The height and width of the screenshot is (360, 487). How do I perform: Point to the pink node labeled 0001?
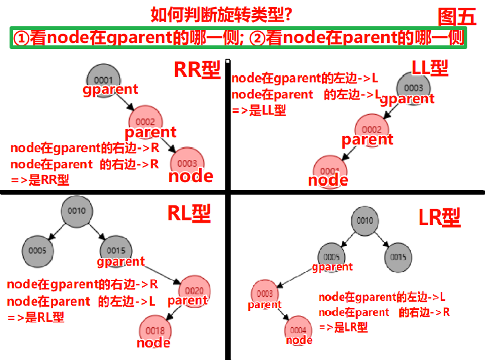329,169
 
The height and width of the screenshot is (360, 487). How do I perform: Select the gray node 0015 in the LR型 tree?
397,257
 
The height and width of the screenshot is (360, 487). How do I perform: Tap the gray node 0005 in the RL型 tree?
36,250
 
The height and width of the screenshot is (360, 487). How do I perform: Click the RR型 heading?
197,70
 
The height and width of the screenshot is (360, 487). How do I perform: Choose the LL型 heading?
430,68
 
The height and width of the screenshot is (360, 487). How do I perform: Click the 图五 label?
457,17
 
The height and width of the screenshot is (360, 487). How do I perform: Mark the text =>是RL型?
36,318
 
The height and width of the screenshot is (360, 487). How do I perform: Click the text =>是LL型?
258,110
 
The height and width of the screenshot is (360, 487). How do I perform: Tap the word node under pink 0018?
154,343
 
